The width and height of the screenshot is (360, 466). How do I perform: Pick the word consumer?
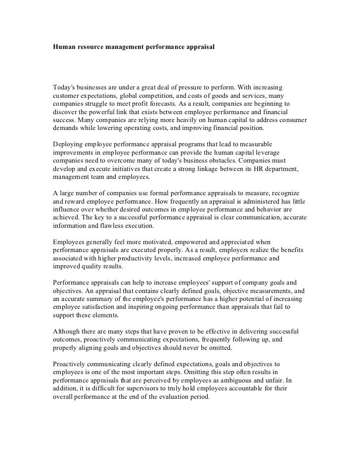(292, 120)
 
